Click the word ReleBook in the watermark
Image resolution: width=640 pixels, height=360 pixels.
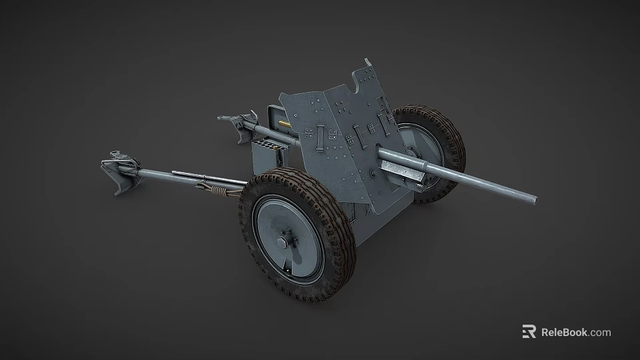[x=564, y=332]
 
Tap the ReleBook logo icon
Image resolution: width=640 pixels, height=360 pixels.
[x=529, y=332]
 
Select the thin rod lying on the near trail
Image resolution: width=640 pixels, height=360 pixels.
[x=193, y=176]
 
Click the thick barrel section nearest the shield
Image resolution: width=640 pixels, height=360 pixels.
[x=400, y=160]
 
